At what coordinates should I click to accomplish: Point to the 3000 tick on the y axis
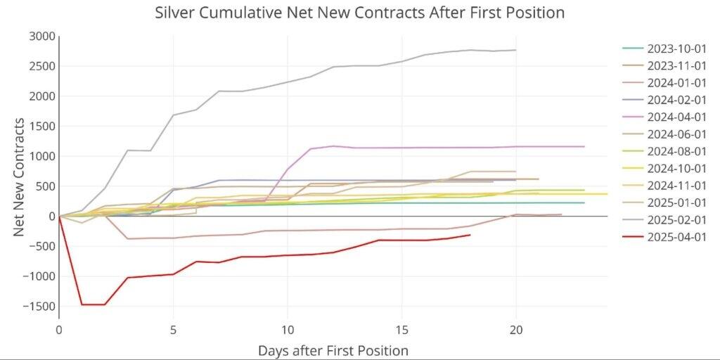click(x=42, y=37)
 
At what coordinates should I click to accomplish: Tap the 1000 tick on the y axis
click(x=42, y=156)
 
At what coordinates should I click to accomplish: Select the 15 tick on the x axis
click(x=402, y=329)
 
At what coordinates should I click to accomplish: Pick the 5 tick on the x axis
click(x=173, y=329)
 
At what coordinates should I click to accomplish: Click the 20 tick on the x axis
click(x=516, y=329)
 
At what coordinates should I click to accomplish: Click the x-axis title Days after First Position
click(x=333, y=349)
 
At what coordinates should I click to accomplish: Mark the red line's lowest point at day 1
click(x=82, y=304)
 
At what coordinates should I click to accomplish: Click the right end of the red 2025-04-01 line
click(x=470, y=235)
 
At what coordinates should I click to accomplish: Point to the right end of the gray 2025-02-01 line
click(x=516, y=50)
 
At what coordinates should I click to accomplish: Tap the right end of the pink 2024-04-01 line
click(x=584, y=146)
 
